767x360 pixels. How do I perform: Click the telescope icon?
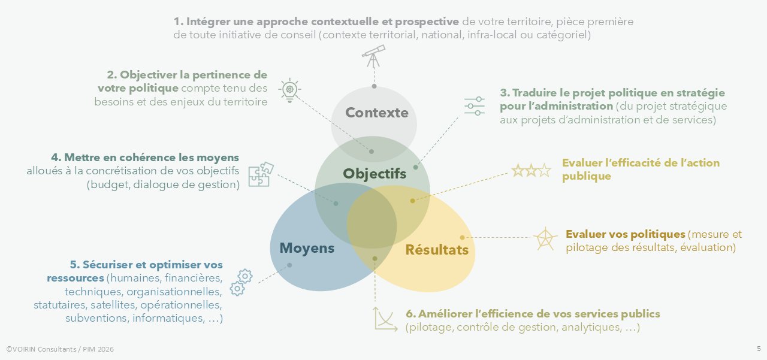click(x=373, y=56)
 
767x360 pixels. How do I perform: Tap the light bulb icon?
click(x=289, y=90)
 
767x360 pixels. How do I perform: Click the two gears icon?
click(x=241, y=282)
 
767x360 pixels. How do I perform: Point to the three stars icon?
click(x=530, y=171)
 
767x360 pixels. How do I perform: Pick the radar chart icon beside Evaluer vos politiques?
click(x=545, y=238)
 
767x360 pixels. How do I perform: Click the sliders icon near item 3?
click(x=475, y=105)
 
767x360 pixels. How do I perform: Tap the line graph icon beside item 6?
click(x=386, y=319)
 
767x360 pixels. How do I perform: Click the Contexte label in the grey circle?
click(x=377, y=113)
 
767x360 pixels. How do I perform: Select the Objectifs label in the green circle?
click(x=375, y=174)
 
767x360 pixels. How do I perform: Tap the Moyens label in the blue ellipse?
click(x=307, y=247)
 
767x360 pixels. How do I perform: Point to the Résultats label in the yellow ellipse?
click(x=437, y=250)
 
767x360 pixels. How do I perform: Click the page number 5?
click(x=759, y=349)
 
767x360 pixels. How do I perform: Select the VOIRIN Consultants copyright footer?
click(x=60, y=349)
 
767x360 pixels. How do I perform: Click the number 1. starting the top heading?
click(x=179, y=22)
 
